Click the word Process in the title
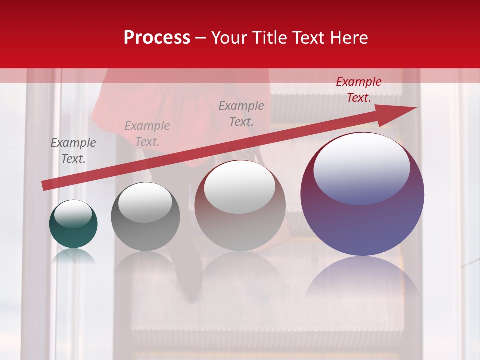coord(157,38)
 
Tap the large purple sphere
coord(362,225)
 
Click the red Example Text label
coord(359,90)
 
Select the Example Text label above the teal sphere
coord(73,151)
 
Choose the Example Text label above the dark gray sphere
coord(147,134)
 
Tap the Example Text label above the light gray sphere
coord(241,113)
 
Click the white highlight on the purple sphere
coord(361,167)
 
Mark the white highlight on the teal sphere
coord(73,214)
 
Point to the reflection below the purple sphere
coord(362,280)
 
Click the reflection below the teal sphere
coord(73,256)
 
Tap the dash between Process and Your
coord(201,38)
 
